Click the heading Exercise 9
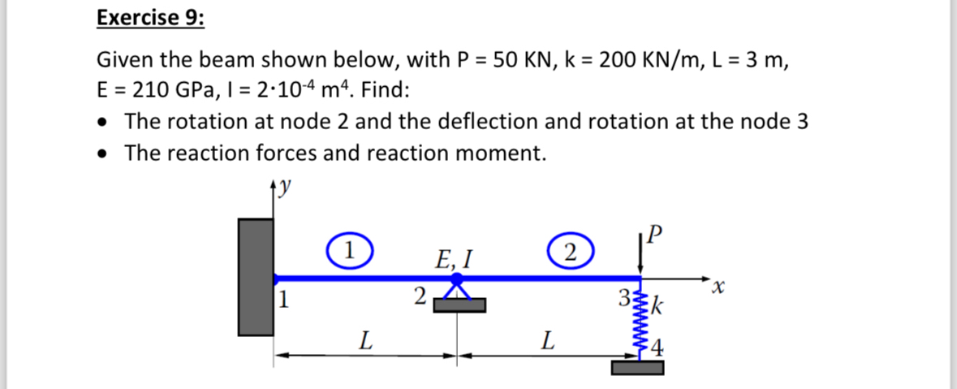coord(150,18)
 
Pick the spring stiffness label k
coord(658,308)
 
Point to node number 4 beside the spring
coord(657,351)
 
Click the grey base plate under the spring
coord(638,369)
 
